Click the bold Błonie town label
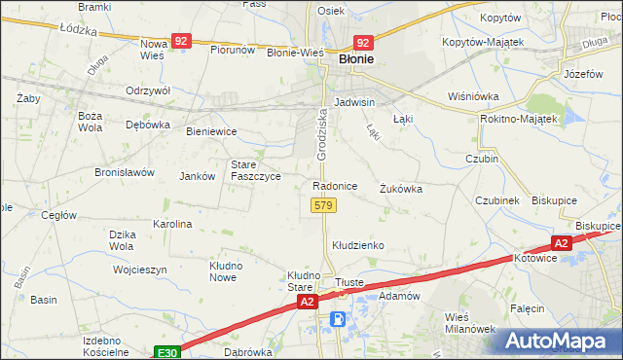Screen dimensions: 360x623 pyautogui.click(x=356, y=59)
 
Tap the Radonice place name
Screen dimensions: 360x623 pyautogui.click(x=335, y=185)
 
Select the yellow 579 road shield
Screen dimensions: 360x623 pyautogui.click(x=324, y=205)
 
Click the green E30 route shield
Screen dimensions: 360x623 pyautogui.click(x=165, y=350)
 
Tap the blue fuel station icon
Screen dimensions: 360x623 pyautogui.click(x=338, y=318)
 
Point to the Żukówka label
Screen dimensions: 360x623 pyautogui.click(x=401, y=189)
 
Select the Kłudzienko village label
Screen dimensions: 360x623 pyautogui.click(x=359, y=245)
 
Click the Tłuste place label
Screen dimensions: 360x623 pyautogui.click(x=348, y=282)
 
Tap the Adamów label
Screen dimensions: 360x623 pyautogui.click(x=398, y=295)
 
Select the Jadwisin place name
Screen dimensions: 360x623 pyautogui.click(x=354, y=101)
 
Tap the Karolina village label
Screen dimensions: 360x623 pyautogui.click(x=172, y=224)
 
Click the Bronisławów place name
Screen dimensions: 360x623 pyautogui.click(x=125, y=172)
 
